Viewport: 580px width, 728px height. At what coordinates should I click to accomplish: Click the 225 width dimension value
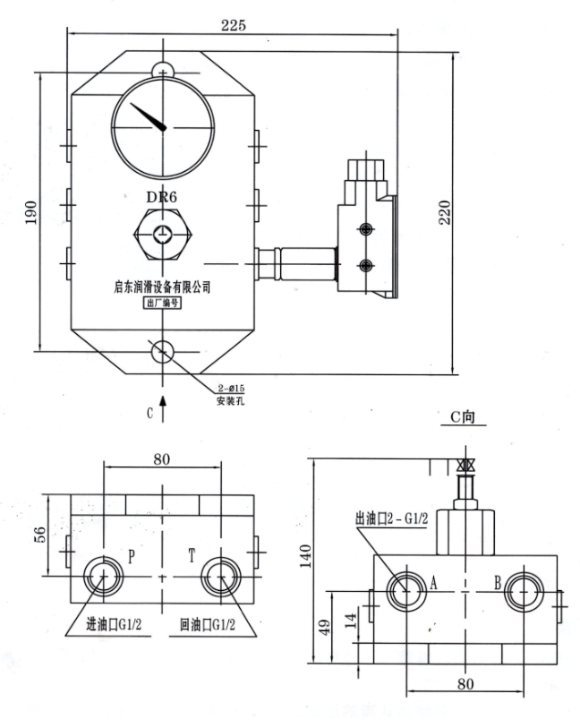point(235,25)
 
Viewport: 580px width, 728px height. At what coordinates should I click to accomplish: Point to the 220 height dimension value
point(444,211)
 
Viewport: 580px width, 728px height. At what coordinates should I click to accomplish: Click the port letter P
point(131,556)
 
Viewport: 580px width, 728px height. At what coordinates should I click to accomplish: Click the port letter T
point(191,556)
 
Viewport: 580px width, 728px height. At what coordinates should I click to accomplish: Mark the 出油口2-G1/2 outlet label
point(394,518)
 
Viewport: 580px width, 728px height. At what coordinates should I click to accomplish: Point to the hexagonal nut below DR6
point(161,235)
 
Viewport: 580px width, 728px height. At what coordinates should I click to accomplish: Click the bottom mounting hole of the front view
point(162,350)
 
